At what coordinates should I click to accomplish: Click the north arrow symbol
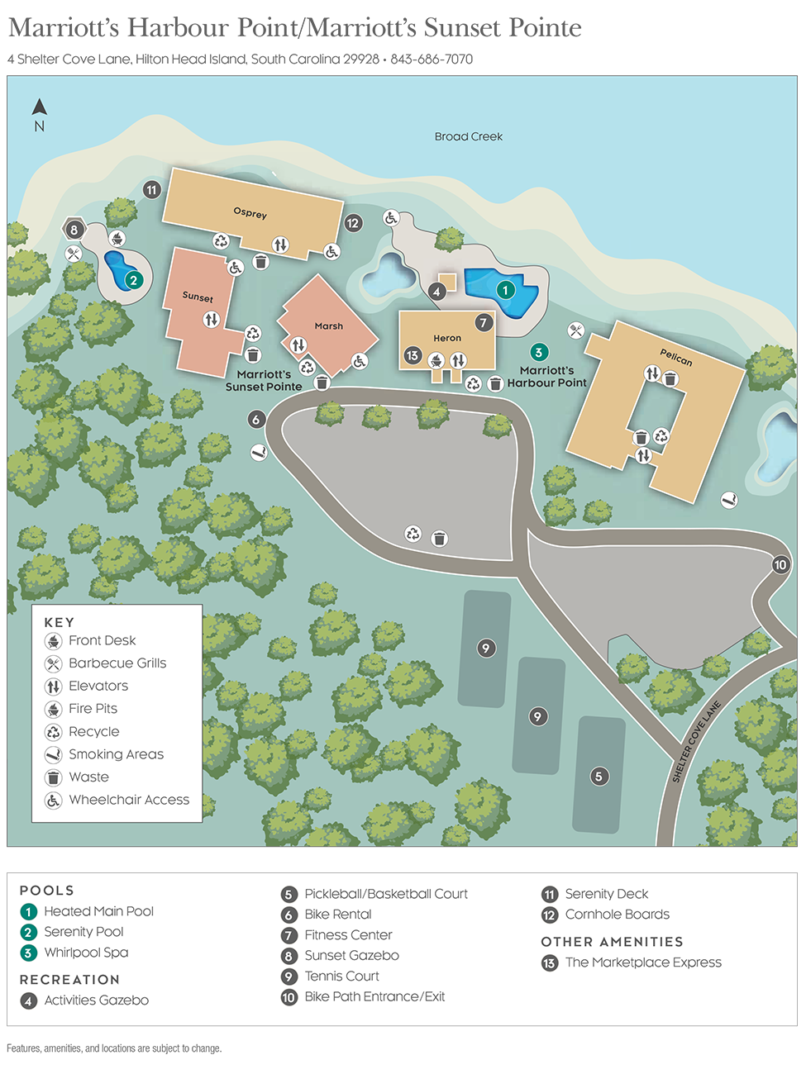tap(39, 107)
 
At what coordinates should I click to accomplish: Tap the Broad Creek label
tap(468, 136)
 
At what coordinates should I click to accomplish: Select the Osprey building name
tap(250, 213)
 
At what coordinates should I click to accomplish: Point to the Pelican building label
tap(675, 357)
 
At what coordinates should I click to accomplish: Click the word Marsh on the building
tap(328, 326)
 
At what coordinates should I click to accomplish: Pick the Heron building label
tap(447, 338)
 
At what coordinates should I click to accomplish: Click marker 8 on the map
tap(74, 230)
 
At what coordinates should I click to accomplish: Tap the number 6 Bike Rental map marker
tap(256, 420)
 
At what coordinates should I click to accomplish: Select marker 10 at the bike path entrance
tap(780, 565)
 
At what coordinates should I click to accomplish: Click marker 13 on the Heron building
tap(413, 356)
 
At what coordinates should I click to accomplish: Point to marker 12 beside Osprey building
tap(353, 223)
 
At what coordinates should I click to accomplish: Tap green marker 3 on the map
tap(539, 353)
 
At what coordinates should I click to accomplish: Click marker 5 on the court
tap(599, 776)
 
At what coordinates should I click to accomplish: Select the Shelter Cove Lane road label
tap(696, 742)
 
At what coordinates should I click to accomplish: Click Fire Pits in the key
tap(93, 709)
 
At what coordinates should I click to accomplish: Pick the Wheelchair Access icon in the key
tap(54, 801)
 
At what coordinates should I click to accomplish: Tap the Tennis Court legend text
tap(341, 977)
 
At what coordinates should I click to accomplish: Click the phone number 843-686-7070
tap(432, 59)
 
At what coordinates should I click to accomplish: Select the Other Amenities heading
tap(612, 942)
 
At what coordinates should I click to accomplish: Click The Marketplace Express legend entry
tap(643, 962)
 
